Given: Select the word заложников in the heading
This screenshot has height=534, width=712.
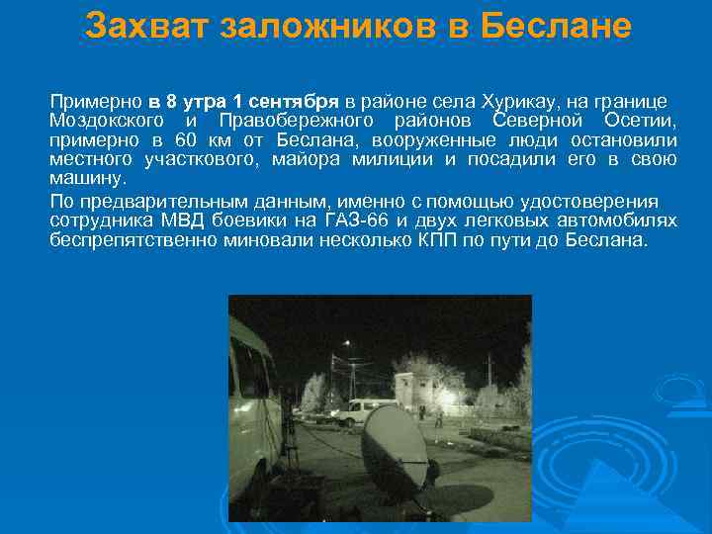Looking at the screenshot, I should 329,27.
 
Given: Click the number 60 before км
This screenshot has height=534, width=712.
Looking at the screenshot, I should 198,140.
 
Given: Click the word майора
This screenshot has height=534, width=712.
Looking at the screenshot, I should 308,160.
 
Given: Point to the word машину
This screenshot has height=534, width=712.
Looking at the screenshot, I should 88,179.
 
